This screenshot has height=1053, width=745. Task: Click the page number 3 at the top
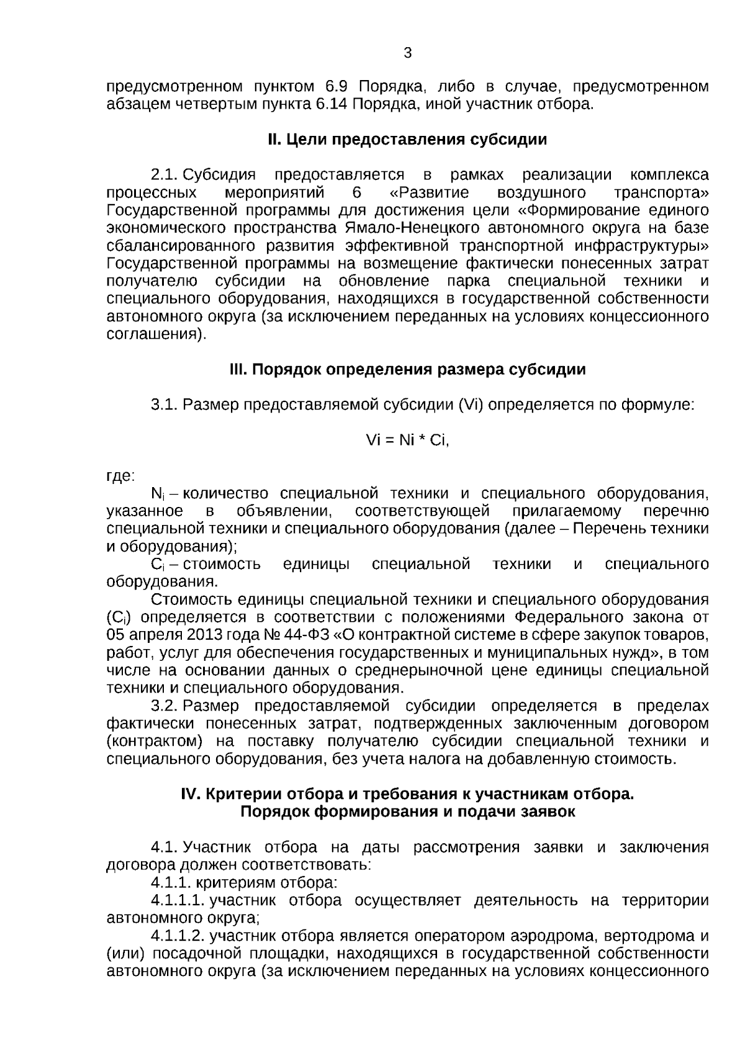pos(407,53)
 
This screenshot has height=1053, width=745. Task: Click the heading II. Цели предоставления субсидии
pos(407,139)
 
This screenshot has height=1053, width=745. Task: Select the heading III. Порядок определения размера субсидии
pos(407,370)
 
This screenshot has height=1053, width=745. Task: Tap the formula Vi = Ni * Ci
pos(407,441)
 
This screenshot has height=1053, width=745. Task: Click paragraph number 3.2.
pos(165,706)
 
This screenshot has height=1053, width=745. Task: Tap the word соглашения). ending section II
pos(156,335)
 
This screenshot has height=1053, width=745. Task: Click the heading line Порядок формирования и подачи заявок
pos(407,812)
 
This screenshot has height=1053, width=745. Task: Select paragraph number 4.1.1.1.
pos(177,900)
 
